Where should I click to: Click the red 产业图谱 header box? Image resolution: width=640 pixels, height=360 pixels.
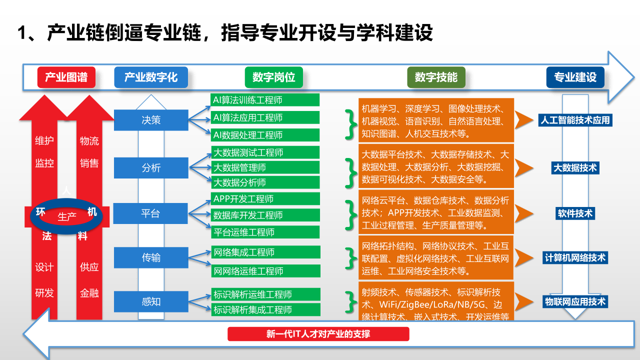(x=66, y=77)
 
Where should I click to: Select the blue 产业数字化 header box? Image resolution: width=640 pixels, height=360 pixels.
(x=151, y=77)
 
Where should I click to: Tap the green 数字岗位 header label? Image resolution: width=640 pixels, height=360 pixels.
(x=273, y=77)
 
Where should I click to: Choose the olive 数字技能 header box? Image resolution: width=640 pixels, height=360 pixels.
(x=436, y=77)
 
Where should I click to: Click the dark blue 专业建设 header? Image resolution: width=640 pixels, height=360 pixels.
(x=575, y=77)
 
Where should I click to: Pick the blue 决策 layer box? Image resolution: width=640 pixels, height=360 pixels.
(x=151, y=120)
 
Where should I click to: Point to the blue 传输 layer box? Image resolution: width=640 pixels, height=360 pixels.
(x=151, y=258)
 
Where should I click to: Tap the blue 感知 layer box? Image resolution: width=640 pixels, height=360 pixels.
(x=151, y=301)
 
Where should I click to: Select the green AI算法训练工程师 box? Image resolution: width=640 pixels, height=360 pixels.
(x=265, y=100)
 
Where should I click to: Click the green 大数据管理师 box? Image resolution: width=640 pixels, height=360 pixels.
(x=265, y=167)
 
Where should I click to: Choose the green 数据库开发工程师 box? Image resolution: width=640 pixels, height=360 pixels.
(x=265, y=215)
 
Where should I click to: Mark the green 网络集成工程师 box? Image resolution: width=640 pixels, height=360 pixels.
(x=265, y=252)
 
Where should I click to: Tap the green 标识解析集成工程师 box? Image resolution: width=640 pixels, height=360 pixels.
(x=265, y=309)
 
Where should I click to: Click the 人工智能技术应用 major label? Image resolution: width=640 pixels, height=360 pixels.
(x=575, y=120)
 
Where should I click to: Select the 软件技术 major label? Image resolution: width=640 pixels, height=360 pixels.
(x=575, y=213)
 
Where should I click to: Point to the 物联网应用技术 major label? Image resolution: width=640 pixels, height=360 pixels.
(x=575, y=301)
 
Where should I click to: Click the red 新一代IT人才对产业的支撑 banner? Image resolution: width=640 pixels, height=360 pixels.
(x=318, y=334)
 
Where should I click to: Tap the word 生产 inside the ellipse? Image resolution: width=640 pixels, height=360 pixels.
(x=67, y=216)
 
